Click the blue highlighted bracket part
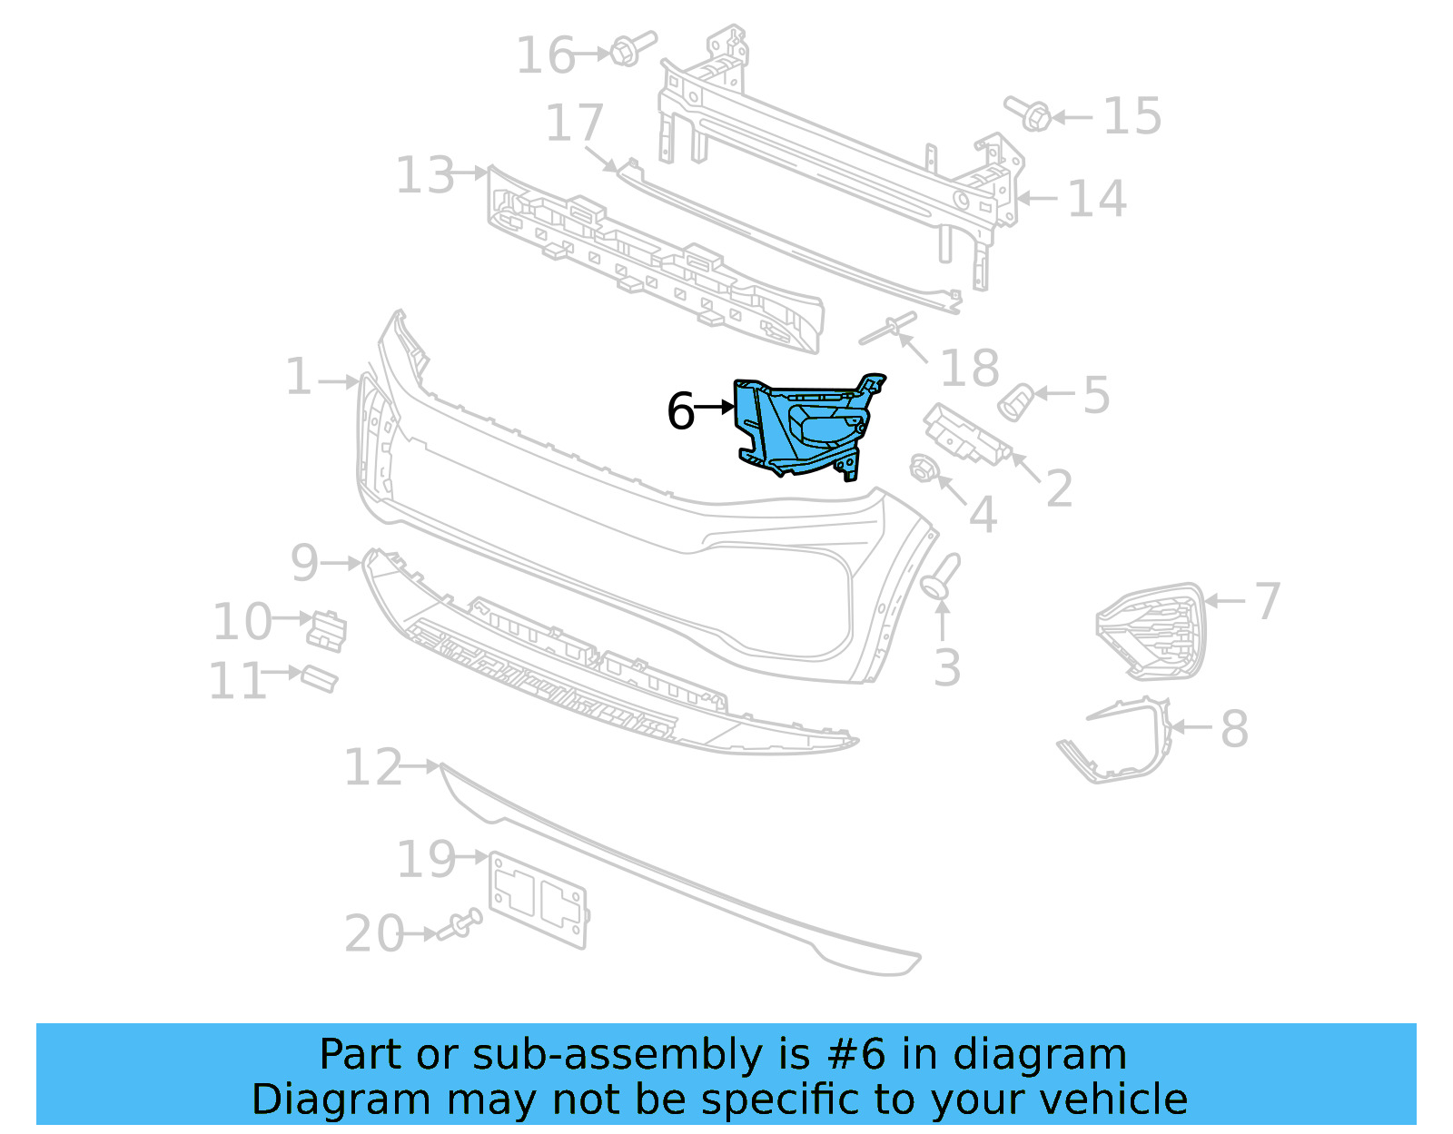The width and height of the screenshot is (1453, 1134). (804, 427)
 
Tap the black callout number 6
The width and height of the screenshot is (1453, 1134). (681, 411)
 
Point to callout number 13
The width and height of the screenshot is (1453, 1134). (425, 175)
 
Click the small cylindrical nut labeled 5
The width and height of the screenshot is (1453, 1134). (1014, 401)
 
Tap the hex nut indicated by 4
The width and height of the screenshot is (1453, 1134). (923, 468)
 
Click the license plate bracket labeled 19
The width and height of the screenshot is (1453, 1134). (539, 899)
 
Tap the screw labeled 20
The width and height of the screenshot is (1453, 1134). (460, 926)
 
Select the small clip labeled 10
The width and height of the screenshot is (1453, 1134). (327, 629)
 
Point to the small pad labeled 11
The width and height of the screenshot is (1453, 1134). (319, 678)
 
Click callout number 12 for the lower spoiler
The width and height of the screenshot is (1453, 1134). (372, 768)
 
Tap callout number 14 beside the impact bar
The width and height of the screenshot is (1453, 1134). (1096, 199)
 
